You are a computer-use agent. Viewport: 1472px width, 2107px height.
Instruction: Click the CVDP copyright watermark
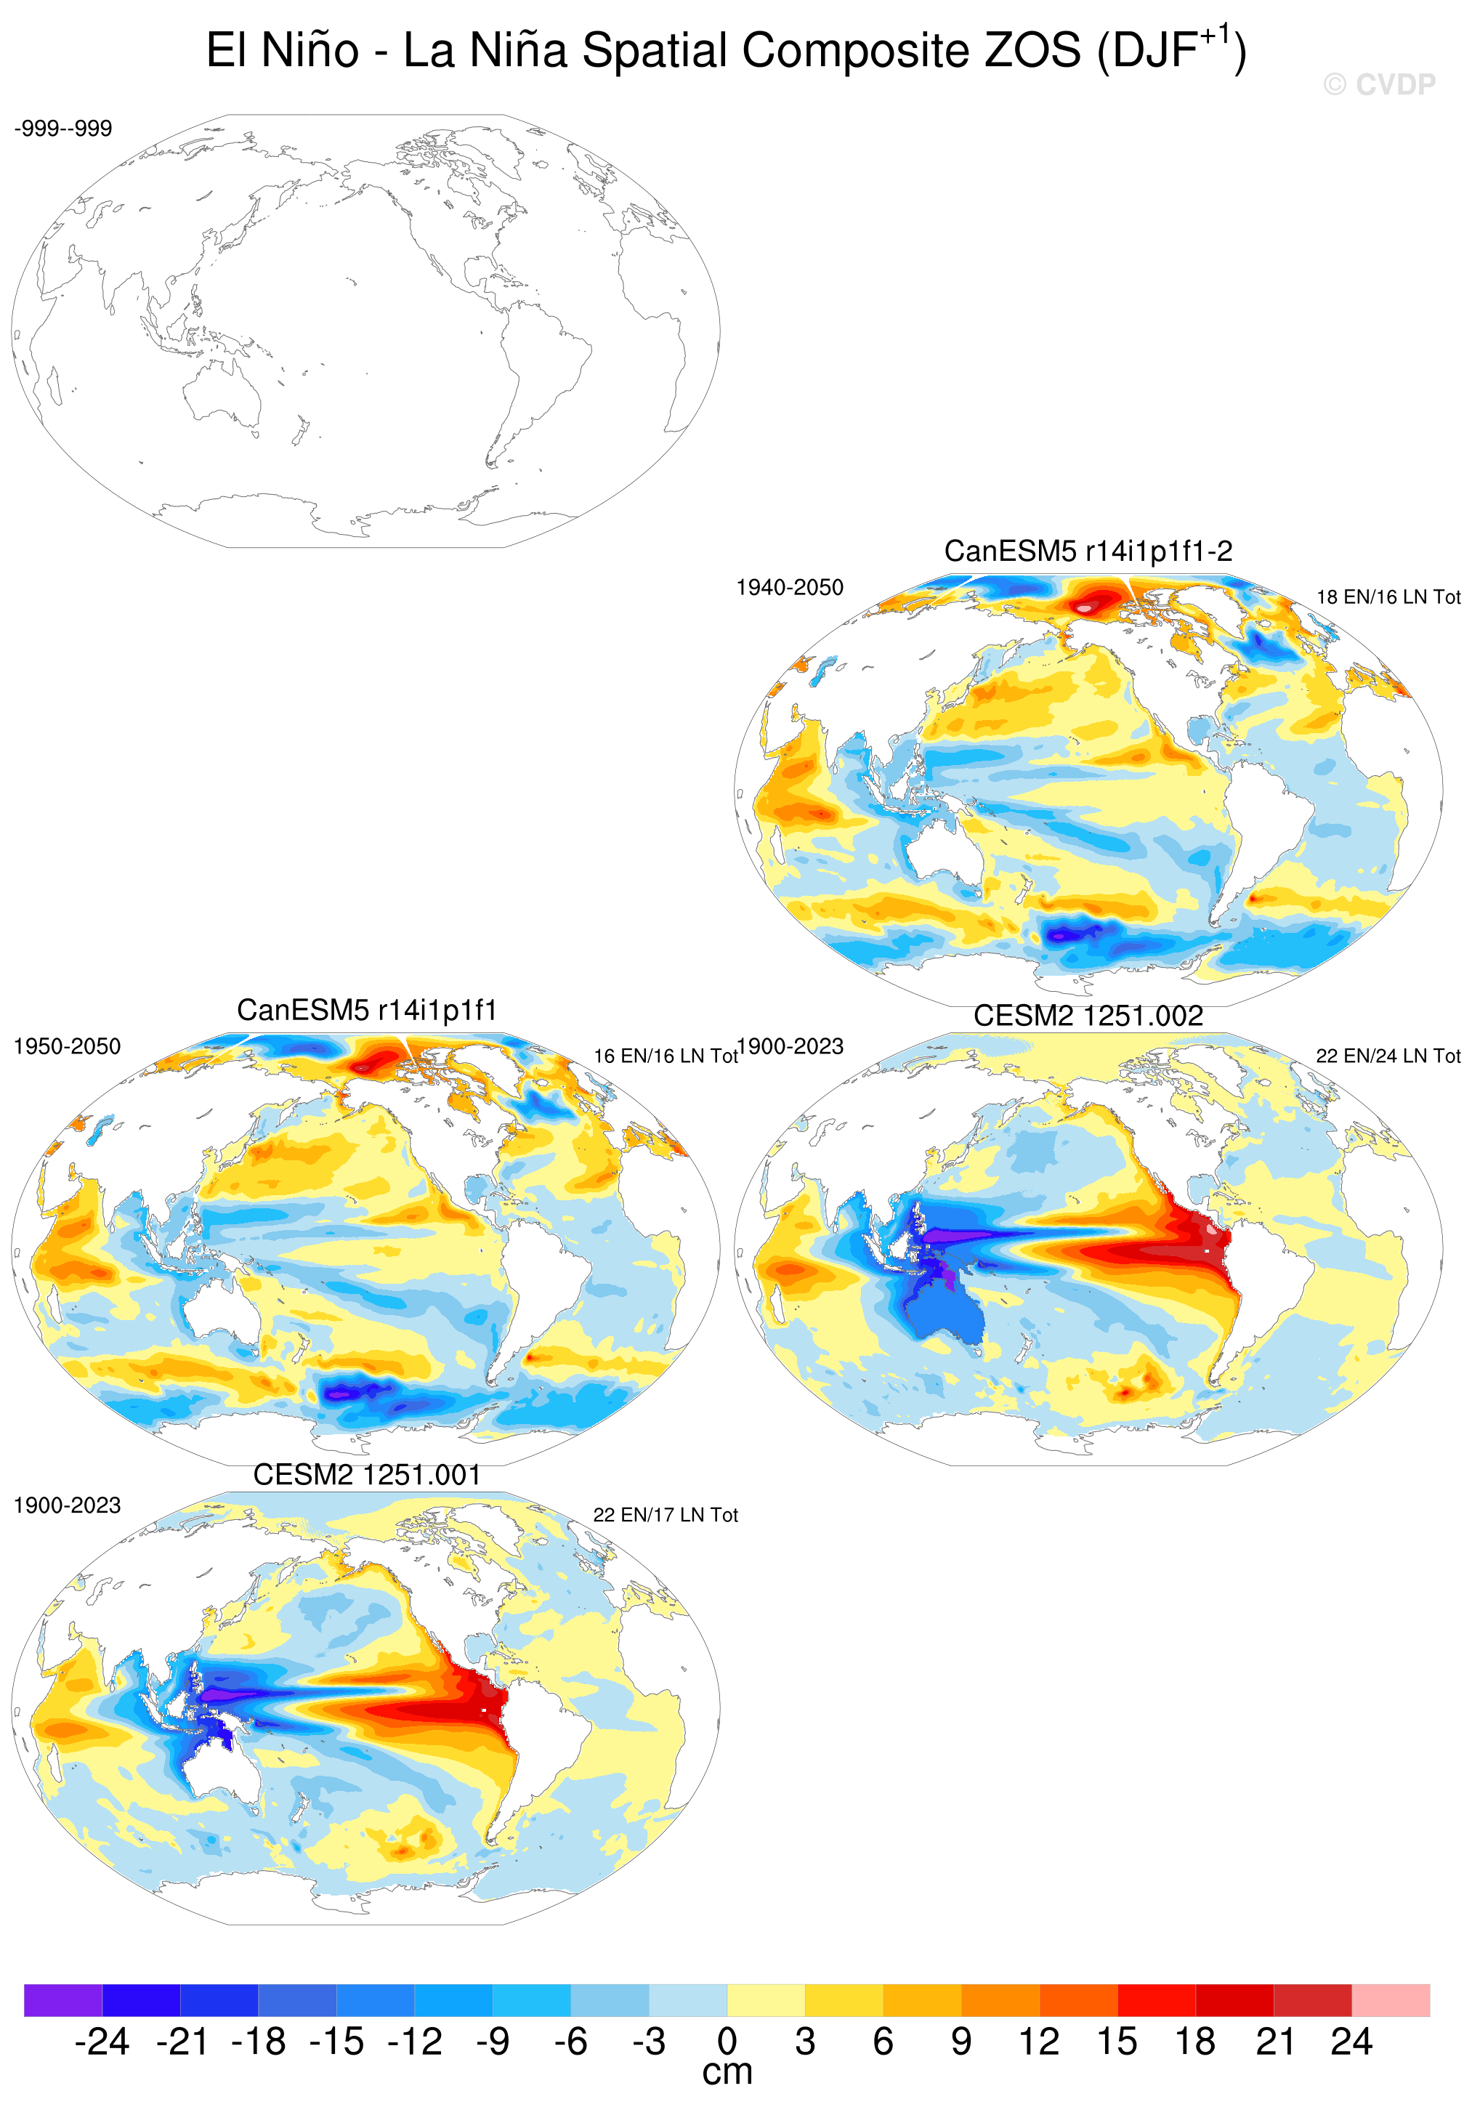(1378, 85)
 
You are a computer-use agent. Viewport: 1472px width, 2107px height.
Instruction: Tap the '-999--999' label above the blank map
(63, 129)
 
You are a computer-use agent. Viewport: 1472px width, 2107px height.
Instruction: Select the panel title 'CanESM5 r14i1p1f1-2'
(1088, 551)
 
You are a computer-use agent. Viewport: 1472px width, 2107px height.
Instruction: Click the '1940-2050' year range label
(789, 587)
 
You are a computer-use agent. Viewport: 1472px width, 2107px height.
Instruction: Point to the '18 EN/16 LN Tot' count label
(1388, 597)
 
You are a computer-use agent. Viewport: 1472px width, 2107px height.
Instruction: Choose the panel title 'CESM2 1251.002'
(1088, 1016)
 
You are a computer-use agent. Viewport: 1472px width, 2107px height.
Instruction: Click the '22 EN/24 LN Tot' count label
(1388, 1056)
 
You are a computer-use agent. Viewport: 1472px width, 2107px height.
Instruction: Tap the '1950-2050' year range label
(67, 1046)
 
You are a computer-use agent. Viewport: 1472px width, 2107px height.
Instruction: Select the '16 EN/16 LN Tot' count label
(666, 1056)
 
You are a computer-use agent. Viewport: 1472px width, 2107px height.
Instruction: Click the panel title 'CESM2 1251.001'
(367, 1475)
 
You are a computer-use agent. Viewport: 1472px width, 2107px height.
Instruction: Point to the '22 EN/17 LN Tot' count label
(666, 1515)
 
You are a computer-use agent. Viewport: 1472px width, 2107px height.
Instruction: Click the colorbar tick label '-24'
(102, 2042)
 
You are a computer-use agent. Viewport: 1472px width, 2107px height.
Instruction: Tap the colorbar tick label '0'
(727, 2042)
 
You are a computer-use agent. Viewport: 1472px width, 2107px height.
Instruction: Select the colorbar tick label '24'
(1351, 2042)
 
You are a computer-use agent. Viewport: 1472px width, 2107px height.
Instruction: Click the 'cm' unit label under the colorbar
(727, 2072)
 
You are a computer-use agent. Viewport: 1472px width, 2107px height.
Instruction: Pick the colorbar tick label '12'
(1039, 2042)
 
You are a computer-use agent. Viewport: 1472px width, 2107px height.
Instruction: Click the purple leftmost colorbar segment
(62, 1999)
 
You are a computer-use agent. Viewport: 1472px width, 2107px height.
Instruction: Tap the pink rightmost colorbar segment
(1391, 1999)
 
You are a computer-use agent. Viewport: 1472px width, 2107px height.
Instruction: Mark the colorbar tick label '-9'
(493, 2042)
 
